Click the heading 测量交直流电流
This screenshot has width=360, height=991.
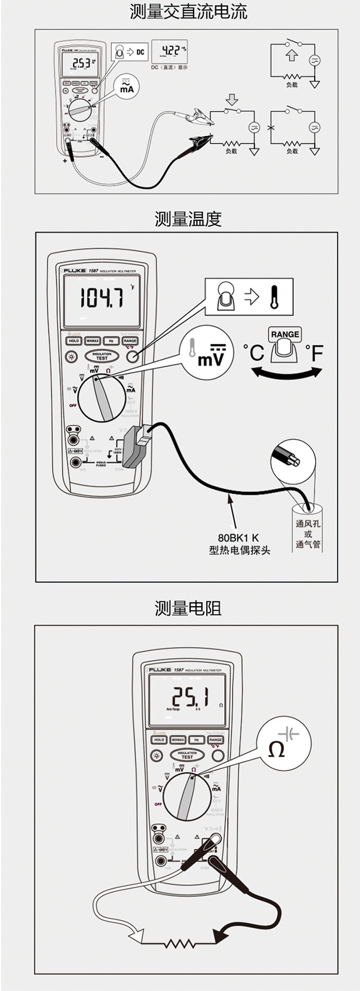click(x=188, y=11)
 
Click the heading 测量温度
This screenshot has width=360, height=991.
click(x=188, y=219)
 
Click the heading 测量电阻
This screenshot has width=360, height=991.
click(x=188, y=608)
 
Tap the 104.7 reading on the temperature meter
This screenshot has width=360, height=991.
click(x=101, y=299)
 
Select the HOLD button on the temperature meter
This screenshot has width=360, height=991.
click(x=74, y=341)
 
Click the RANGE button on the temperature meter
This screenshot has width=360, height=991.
click(x=130, y=341)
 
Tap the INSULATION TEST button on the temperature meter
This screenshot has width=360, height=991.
click(x=102, y=356)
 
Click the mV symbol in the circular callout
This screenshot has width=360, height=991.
click(x=211, y=357)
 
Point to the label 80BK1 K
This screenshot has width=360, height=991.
click(x=238, y=537)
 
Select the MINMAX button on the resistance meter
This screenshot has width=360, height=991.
click(x=178, y=740)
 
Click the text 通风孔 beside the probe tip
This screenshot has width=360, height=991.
click(x=308, y=524)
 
